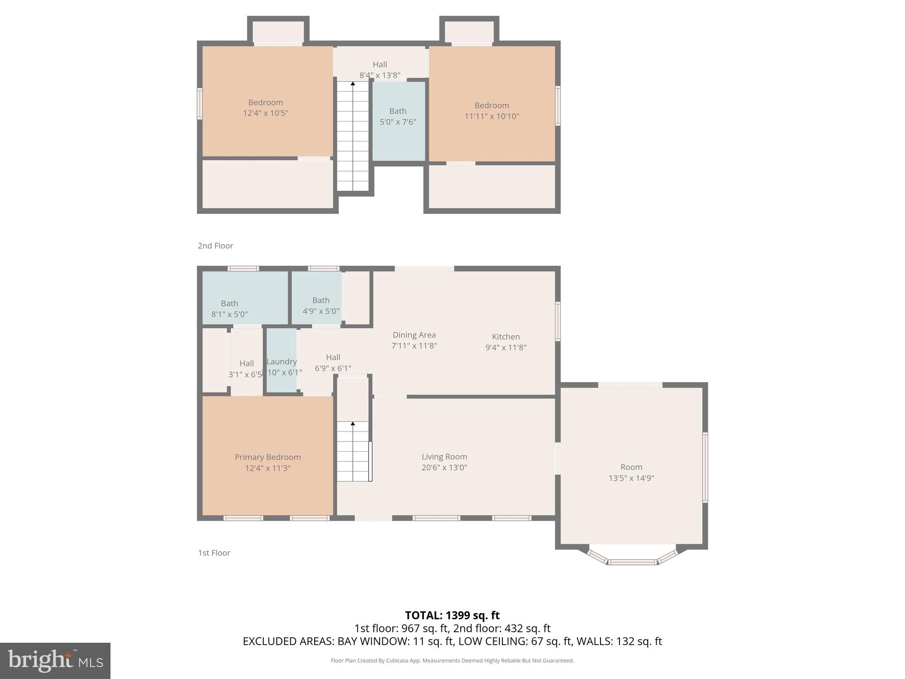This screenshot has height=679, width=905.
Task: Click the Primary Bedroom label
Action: pos(267,457)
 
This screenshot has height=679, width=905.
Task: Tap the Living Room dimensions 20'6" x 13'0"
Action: pos(444,468)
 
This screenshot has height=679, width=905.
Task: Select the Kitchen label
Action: pos(506,337)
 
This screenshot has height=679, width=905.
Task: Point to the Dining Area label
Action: pos(414,335)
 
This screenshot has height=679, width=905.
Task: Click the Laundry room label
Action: pos(281,362)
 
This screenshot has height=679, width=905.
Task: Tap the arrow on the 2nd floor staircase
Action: pos(353,84)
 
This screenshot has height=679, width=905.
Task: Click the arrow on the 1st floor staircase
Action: pos(353,424)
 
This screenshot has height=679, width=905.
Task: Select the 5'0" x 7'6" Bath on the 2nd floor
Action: pos(398,117)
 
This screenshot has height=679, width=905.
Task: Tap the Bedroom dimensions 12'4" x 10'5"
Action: pos(265,113)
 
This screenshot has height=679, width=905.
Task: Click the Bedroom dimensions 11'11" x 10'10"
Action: pos(491,116)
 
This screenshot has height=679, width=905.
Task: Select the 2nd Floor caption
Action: pos(215,246)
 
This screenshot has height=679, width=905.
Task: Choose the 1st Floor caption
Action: pos(214,553)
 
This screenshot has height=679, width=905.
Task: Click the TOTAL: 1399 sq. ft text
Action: pos(452,615)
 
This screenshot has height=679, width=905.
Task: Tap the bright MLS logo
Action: pos(55,660)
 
